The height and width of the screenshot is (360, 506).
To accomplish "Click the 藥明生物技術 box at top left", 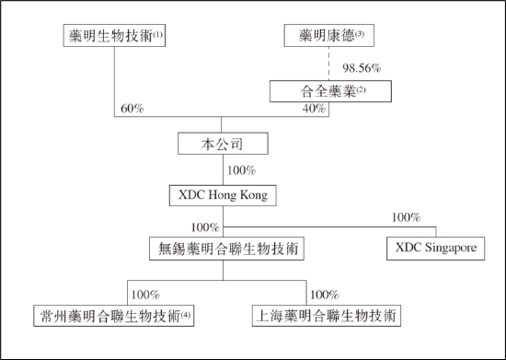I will (x=113, y=37).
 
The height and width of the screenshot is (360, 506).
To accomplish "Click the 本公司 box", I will (x=222, y=144).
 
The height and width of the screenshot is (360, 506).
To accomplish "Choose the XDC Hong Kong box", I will (x=222, y=195).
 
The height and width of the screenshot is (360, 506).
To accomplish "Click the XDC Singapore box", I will (x=436, y=248).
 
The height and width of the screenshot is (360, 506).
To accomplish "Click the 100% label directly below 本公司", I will (x=240, y=170).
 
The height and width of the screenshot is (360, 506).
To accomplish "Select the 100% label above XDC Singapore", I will (x=405, y=218).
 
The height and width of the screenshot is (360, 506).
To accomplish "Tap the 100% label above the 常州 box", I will (x=146, y=295).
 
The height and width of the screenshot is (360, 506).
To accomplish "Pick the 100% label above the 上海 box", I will (x=325, y=295).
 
